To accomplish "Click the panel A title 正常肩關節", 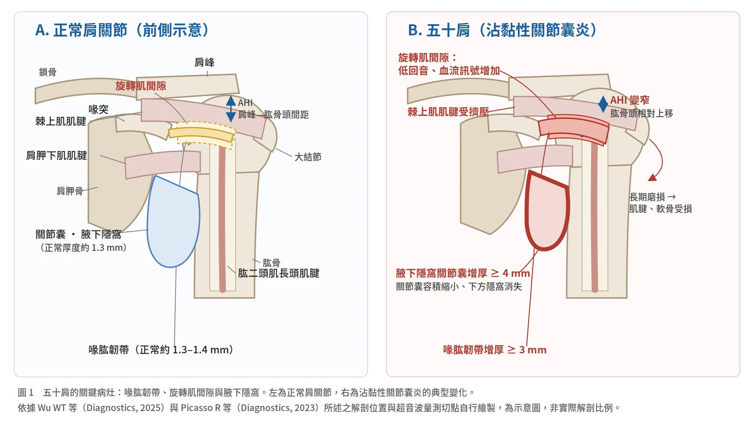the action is [x=90, y=30].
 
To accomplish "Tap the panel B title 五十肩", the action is [x=448, y=30].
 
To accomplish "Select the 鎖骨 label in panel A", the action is [x=48, y=72].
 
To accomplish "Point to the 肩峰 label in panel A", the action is [x=204, y=62].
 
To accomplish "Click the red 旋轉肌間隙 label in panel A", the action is [x=141, y=86].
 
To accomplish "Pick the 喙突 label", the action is [x=98, y=110].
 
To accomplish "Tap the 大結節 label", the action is [x=308, y=157].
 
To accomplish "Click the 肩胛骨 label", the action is [x=70, y=191].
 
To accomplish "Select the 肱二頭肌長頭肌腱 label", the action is [x=278, y=273].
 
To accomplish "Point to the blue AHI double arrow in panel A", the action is [x=231, y=109].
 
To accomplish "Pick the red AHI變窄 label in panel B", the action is [x=630, y=100].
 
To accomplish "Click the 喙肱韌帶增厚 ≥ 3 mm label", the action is [x=495, y=350].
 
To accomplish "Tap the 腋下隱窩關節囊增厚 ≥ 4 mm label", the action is [x=463, y=273].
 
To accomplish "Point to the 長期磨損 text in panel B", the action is [x=647, y=197].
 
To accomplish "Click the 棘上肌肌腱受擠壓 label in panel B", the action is [x=448, y=112].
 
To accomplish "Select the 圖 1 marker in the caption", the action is [x=26, y=393].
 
